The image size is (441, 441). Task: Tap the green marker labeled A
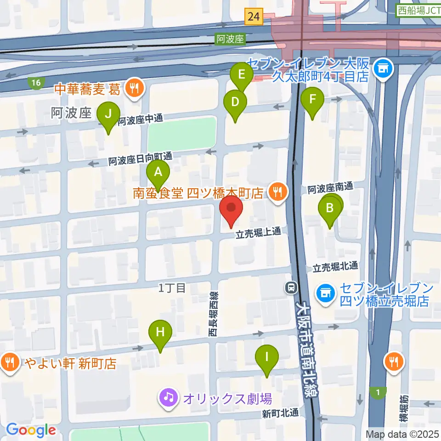[158, 173]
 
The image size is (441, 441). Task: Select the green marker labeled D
[235, 102]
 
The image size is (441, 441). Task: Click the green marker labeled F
[312, 100]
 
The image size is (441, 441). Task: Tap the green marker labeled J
[108, 113]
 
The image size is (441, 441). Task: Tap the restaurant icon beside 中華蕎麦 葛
[135, 88]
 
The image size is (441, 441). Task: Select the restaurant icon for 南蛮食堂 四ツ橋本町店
[277, 192]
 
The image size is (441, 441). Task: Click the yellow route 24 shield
[253, 17]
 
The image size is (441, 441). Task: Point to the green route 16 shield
[36, 83]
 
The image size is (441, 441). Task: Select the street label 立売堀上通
[258, 234]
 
